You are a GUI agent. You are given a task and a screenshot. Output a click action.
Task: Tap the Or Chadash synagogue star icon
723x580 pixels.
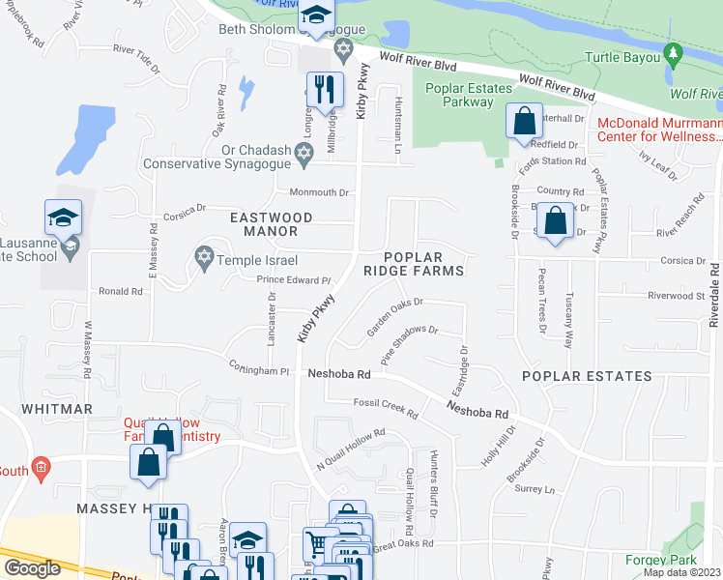coord(304,152)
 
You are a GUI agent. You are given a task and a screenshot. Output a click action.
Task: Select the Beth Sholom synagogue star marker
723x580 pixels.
coord(341,47)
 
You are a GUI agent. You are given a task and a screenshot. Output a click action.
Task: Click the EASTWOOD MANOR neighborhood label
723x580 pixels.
coord(271,225)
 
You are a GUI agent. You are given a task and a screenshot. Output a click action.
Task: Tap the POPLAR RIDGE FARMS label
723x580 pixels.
coord(423,264)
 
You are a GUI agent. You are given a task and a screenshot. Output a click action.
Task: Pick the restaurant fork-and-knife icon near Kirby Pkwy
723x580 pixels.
coord(324,89)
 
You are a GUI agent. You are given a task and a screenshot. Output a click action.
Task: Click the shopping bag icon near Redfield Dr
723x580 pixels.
coord(523,123)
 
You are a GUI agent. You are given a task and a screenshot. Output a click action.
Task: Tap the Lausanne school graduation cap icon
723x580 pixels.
coord(63,217)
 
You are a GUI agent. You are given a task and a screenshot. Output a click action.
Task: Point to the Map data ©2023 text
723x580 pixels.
coord(682,572)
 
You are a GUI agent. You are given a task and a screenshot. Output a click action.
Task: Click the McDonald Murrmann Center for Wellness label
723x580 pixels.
coord(658,130)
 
